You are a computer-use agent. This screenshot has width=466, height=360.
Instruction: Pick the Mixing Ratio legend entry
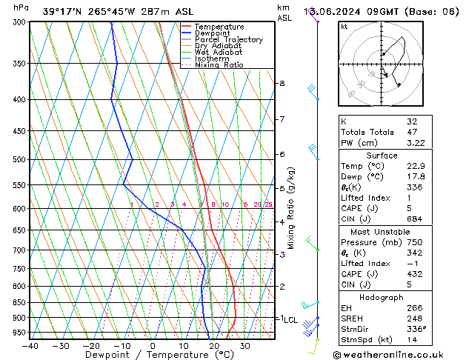219,65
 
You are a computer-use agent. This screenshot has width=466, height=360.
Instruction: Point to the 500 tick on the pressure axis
20,159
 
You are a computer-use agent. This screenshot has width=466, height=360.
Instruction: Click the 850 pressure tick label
20,303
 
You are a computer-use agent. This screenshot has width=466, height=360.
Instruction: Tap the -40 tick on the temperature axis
30,346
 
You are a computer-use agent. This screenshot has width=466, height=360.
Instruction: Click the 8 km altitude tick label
282,84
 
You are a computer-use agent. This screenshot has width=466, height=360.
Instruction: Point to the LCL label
290,320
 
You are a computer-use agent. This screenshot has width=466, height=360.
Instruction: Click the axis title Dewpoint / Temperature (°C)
152,356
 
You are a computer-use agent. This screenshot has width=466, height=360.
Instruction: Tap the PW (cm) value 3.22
413,143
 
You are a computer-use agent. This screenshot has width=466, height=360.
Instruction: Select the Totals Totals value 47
411,132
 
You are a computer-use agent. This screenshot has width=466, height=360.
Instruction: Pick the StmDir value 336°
416,329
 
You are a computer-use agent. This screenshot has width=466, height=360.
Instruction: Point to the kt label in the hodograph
344,27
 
